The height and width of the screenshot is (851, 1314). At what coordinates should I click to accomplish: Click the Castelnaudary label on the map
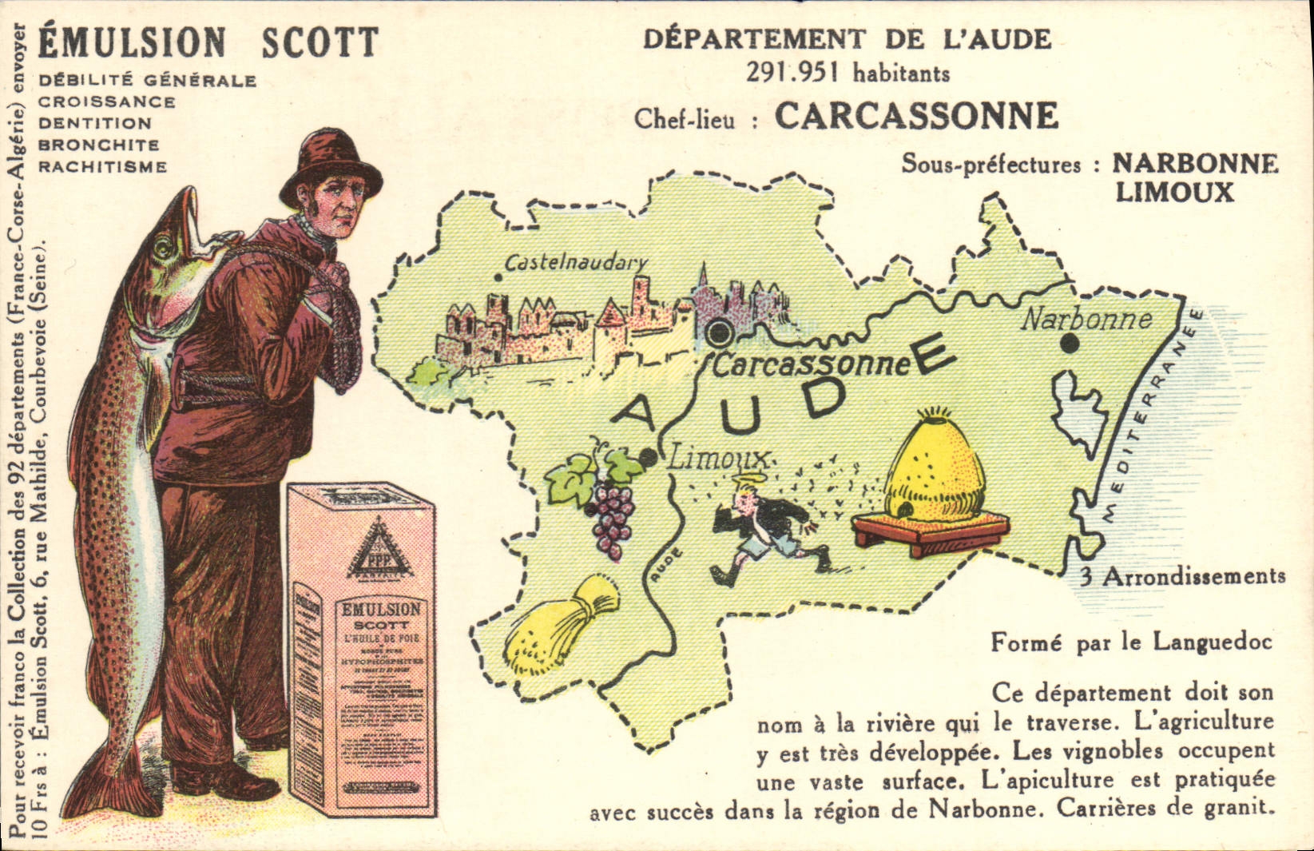[575, 262]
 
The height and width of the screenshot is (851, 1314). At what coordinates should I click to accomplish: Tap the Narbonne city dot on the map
[1069, 344]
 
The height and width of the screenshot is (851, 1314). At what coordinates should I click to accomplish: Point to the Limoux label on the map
[719, 459]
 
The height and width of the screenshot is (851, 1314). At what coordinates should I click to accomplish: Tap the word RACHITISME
[103, 167]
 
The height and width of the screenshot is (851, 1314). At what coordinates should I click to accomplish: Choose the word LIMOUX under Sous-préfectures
[1174, 193]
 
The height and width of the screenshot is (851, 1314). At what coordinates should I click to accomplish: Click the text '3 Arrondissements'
[1182, 577]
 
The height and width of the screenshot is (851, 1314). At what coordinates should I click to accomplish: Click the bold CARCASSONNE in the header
[916, 117]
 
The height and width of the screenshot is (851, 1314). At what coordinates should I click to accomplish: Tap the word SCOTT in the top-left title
[320, 43]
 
